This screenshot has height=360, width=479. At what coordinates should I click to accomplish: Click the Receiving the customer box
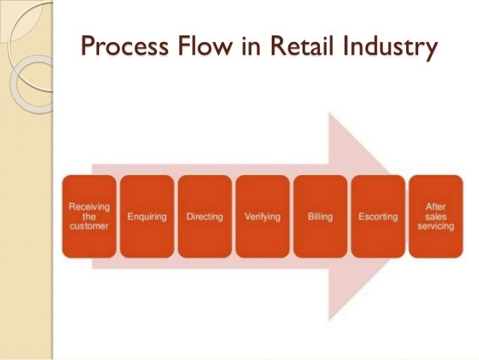(89, 216)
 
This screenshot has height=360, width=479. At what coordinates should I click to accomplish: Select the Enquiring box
(146, 216)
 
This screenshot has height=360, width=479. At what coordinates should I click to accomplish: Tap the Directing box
(204, 216)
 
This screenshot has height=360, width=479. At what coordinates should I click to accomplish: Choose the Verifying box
(262, 216)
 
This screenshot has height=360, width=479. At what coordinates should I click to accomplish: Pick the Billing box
(320, 216)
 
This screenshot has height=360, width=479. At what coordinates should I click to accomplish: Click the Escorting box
(378, 216)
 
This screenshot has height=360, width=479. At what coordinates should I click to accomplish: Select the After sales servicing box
(435, 216)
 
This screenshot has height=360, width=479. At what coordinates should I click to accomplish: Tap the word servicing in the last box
(435, 226)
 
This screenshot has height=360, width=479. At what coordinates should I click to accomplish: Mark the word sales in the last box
(435, 216)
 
